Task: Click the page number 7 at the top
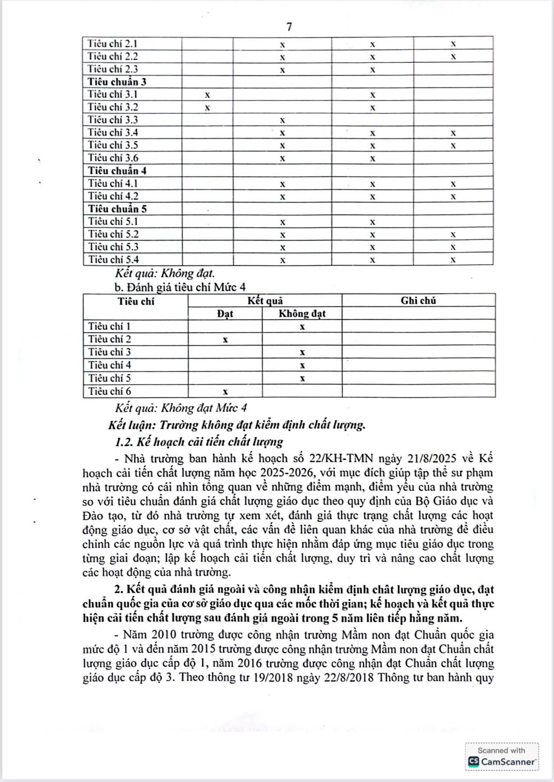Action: [289, 27]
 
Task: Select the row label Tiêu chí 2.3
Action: [113, 69]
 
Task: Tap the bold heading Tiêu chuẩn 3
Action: [117, 82]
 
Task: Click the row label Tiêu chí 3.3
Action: [113, 120]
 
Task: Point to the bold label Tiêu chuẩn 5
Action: [117, 209]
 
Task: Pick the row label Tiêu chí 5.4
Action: [113, 259]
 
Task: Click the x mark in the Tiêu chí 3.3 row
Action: [282, 120]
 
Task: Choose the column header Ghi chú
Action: [418, 301]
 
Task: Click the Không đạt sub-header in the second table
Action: [302, 313]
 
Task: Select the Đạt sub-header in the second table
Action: [225, 313]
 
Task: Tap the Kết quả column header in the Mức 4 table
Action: [265, 301]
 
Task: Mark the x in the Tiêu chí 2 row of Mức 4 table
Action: [225, 340]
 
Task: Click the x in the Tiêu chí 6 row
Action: [225, 392]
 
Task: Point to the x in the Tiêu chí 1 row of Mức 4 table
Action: [302, 327]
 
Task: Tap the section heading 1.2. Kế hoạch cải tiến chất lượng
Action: [199, 442]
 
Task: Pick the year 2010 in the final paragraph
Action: [164, 635]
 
